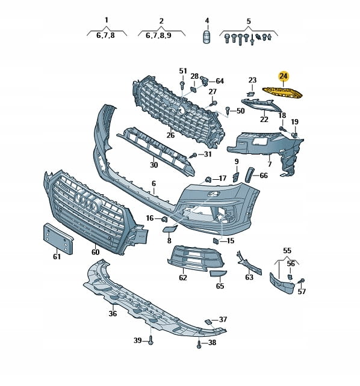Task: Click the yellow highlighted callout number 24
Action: (x=284, y=76)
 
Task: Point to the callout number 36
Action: (x=113, y=314)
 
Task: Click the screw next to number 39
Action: (x=151, y=340)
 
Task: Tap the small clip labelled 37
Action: (x=208, y=322)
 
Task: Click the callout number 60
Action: (x=95, y=252)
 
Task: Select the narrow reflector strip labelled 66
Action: (x=250, y=174)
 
